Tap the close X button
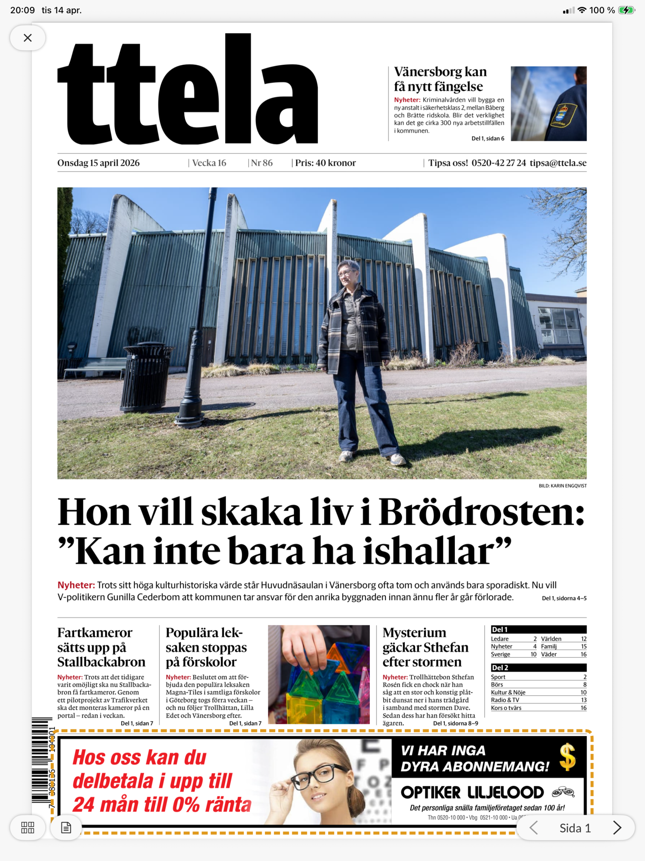click(28, 38)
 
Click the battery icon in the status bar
click(626, 10)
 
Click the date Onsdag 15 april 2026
click(98, 163)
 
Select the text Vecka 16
click(209, 163)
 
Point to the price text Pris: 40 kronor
click(325, 163)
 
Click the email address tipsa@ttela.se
click(558, 163)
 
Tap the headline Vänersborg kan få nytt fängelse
click(440, 79)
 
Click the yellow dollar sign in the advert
click(567, 757)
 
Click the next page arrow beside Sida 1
click(617, 828)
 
